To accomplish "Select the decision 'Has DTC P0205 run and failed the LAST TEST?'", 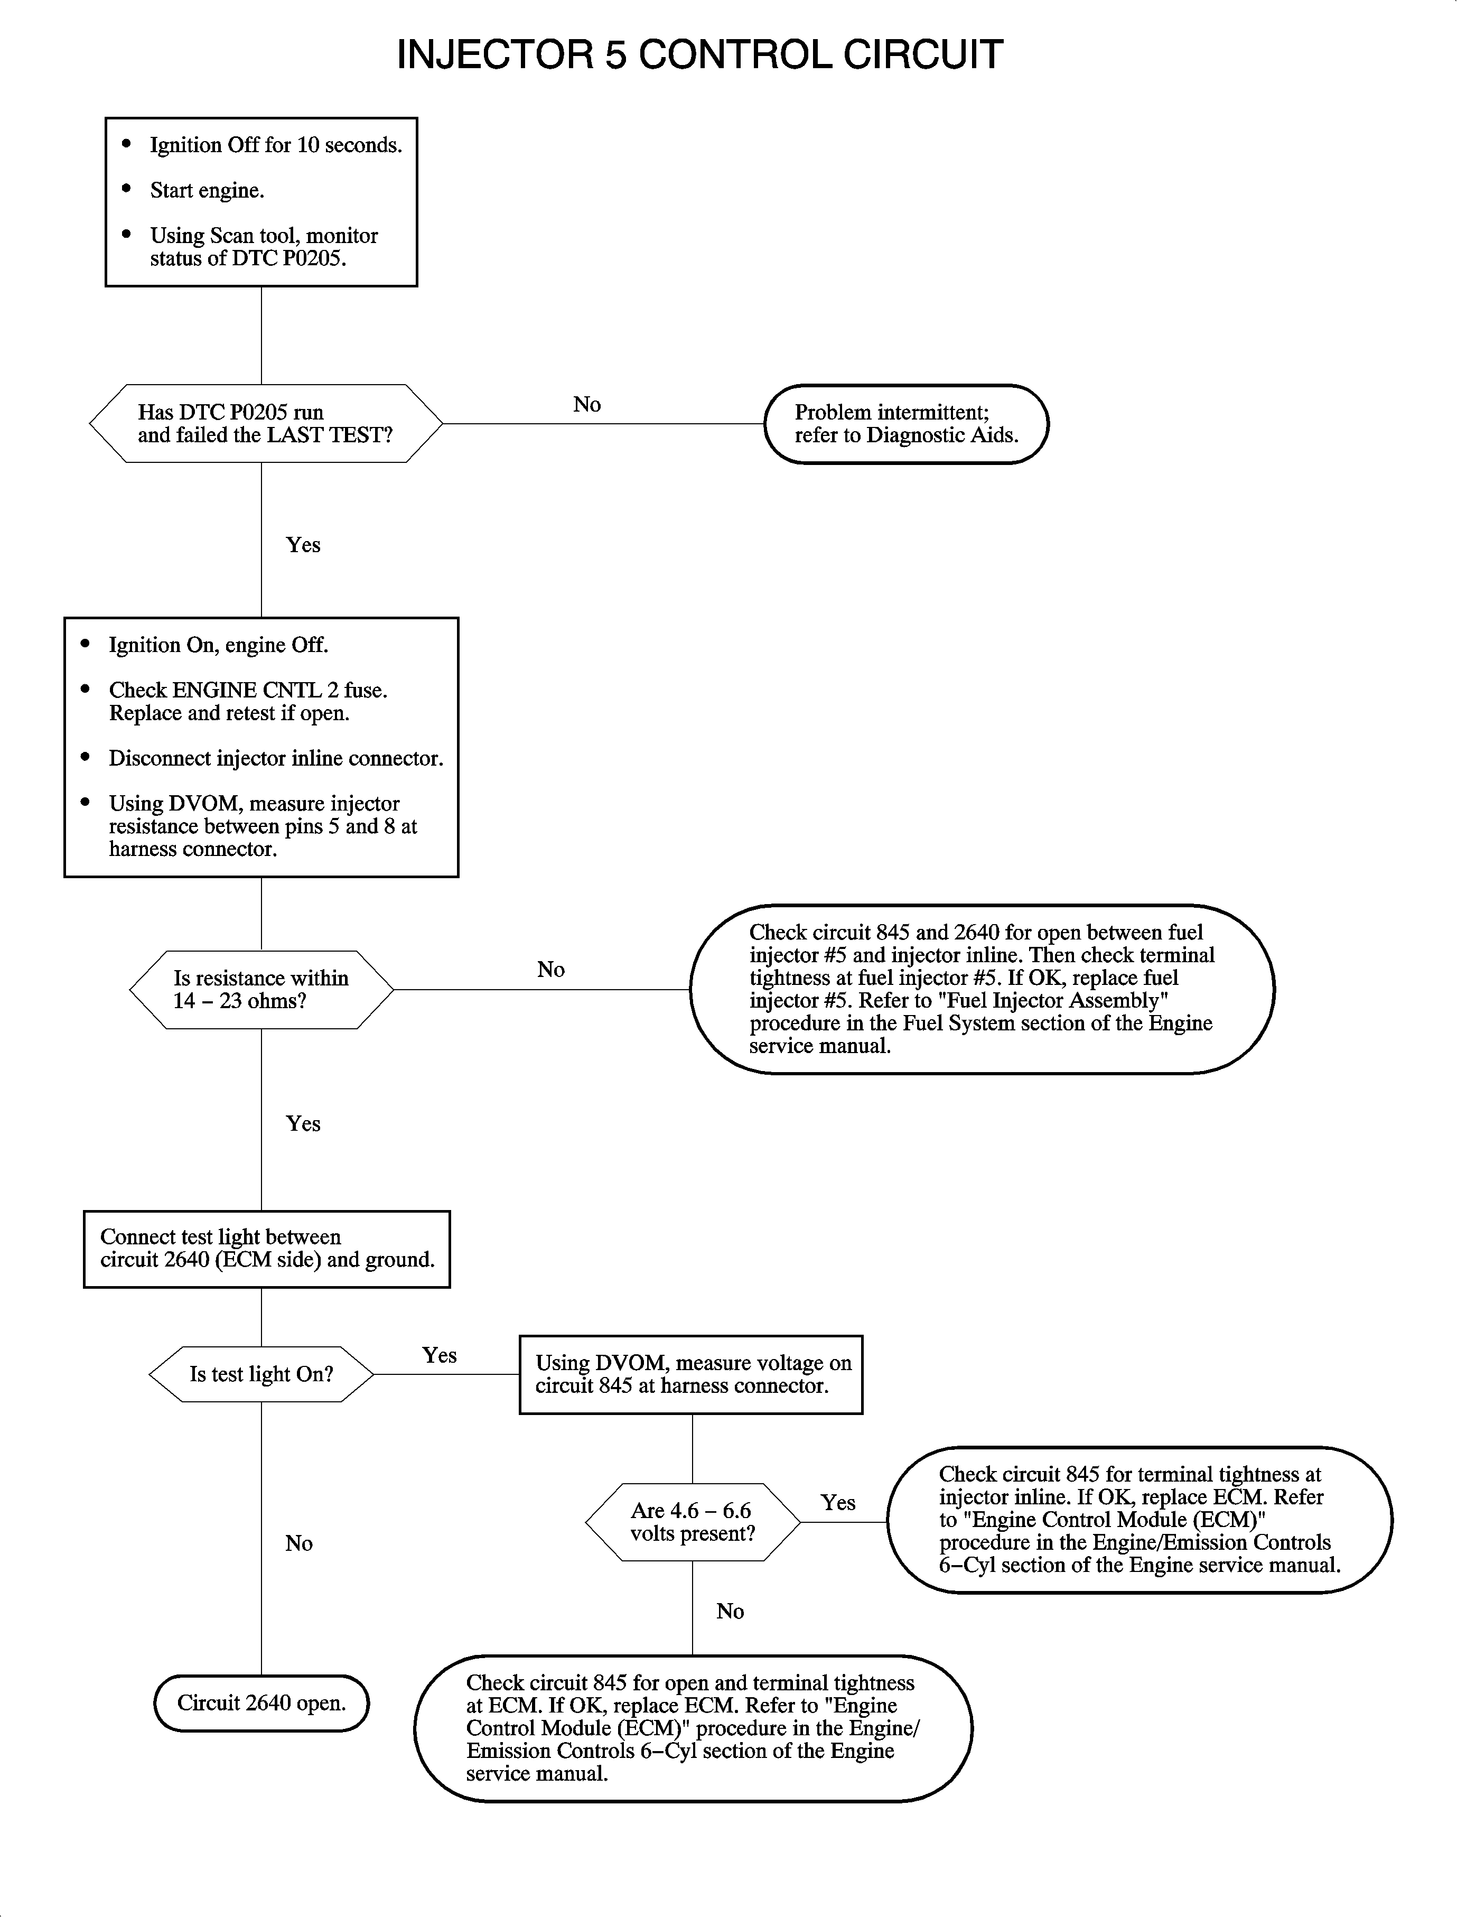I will pos(265,423).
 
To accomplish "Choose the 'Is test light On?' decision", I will pos(261,1374).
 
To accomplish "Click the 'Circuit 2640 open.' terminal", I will pos(261,1703).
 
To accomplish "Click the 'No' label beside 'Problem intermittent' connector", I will pos(587,404).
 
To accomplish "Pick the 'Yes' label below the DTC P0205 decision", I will pos(304,545).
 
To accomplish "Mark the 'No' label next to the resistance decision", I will pos(550,970).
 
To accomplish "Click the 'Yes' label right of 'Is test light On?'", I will pos(440,1355).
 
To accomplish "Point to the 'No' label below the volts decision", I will pos(730,1611).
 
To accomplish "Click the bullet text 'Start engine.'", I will pos(207,191).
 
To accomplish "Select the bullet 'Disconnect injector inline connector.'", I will pos(276,758).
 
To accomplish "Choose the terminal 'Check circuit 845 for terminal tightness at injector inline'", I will pos(1139,1520).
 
